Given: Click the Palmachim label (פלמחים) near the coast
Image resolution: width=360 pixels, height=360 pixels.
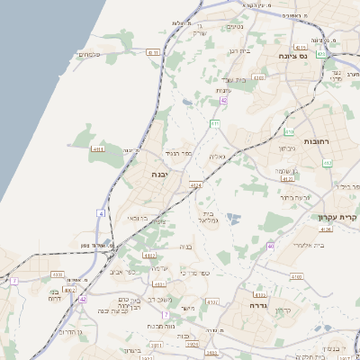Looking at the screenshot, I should pos(89,55).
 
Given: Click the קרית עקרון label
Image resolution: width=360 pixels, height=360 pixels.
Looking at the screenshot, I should pos(337,216).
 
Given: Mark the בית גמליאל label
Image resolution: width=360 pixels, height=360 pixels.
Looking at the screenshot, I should pos(206,213).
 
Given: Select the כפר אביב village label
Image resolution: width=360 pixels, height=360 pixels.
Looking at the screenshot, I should pos(123,271).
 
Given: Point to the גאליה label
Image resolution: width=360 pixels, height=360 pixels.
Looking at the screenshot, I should pos(216,157).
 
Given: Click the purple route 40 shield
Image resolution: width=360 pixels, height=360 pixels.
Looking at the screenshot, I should pos(270,246).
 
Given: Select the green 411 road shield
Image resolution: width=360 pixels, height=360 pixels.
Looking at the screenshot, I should pos(215,122).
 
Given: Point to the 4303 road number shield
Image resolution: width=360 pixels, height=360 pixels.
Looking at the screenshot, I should pos(258,78).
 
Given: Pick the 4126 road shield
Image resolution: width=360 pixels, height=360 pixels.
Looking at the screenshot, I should pos(325,229).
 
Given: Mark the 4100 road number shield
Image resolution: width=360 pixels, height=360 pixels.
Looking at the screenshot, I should pos(296,276).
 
